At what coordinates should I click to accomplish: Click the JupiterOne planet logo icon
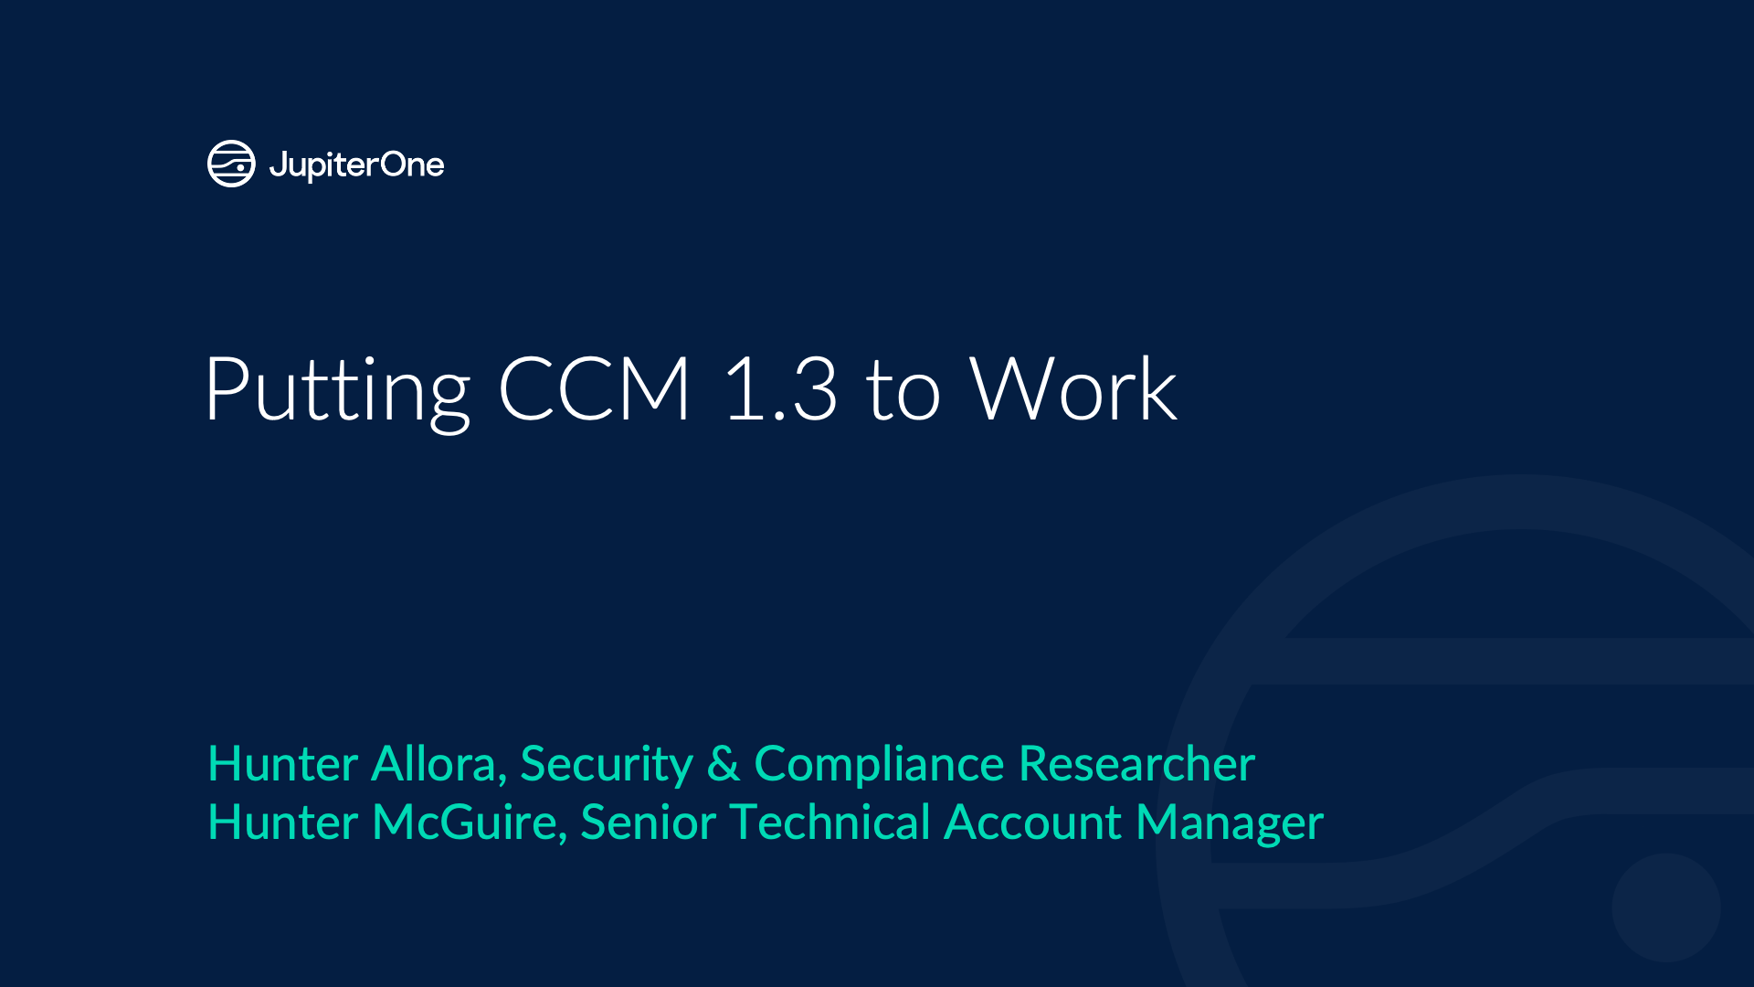pyautogui.click(x=231, y=164)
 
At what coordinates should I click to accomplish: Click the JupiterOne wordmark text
pyautogui.click(x=356, y=165)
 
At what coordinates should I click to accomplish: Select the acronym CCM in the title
pyautogui.click(x=594, y=388)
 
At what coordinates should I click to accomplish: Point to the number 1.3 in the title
pyautogui.click(x=780, y=388)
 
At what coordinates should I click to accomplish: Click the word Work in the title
pyautogui.click(x=1072, y=388)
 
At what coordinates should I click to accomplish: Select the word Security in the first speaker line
pyautogui.click(x=607, y=765)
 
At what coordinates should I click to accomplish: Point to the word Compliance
pyautogui.click(x=879, y=765)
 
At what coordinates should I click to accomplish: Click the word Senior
pyautogui.click(x=648, y=822)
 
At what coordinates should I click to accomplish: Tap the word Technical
pyautogui.click(x=830, y=822)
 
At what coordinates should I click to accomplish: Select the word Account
pyautogui.click(x=1033, y=822)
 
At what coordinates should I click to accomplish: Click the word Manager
pyautogui.click(x=1230, y=823)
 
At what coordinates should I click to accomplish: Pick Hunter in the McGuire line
pyautogui.click(x=283, y=822)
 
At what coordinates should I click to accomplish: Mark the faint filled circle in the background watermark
pyautogui.click(x=1666, y=907)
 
